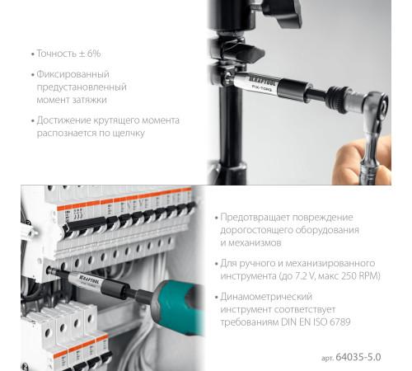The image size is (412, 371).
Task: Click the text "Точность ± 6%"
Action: point(68,54)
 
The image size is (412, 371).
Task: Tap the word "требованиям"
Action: point(257,323)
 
